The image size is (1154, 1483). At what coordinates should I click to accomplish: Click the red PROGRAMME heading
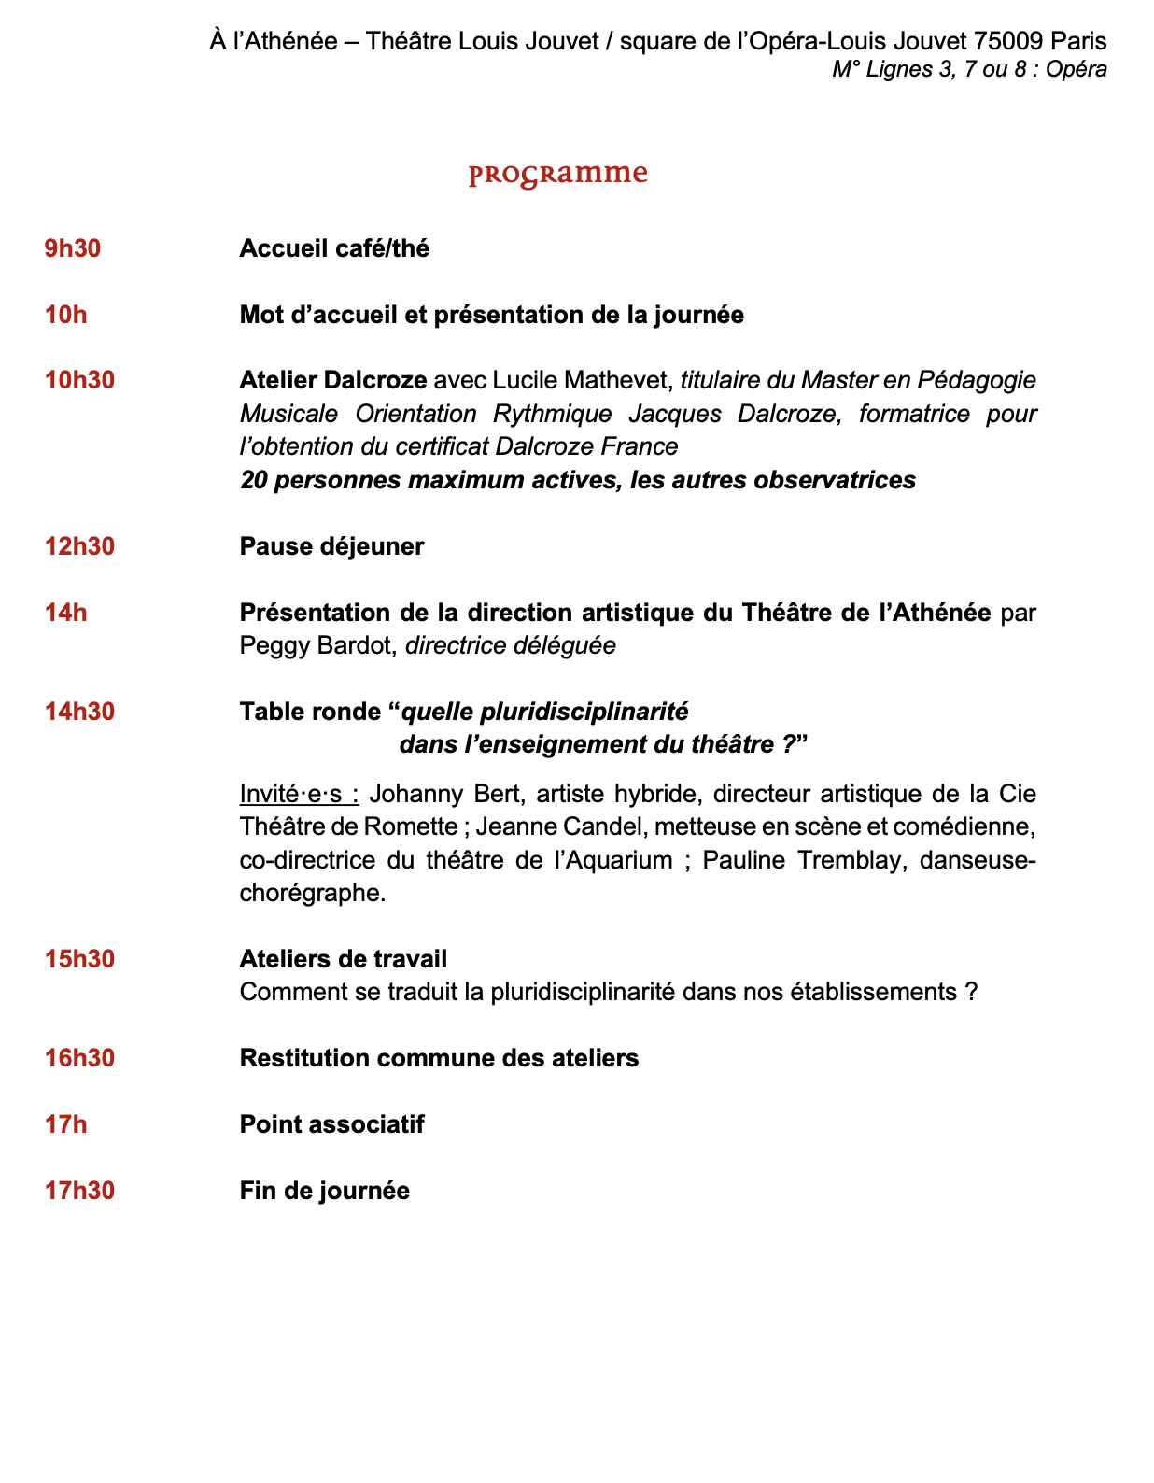click(557, 175)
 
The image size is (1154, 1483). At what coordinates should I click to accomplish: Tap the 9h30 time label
click(73, 248)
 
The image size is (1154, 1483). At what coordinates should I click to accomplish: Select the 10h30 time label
click(79, 380)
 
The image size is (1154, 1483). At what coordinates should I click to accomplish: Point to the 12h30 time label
click(79, 546)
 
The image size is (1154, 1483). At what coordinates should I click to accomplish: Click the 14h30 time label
click(79, 712)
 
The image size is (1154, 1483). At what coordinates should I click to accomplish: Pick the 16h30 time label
click(79, 1058)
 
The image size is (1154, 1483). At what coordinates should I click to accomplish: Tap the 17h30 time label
click(79, 1191)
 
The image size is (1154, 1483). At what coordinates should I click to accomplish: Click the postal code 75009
click(1008, 41)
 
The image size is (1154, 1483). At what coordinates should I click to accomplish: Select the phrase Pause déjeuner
click(331, 546)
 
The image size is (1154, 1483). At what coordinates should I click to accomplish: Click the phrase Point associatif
click(331, 1124)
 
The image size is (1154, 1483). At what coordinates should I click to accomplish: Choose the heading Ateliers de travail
click(343, 959)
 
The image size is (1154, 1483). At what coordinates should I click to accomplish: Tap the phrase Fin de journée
click(324, 1191)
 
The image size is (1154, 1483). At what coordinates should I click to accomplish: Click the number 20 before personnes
click(253, 480)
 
